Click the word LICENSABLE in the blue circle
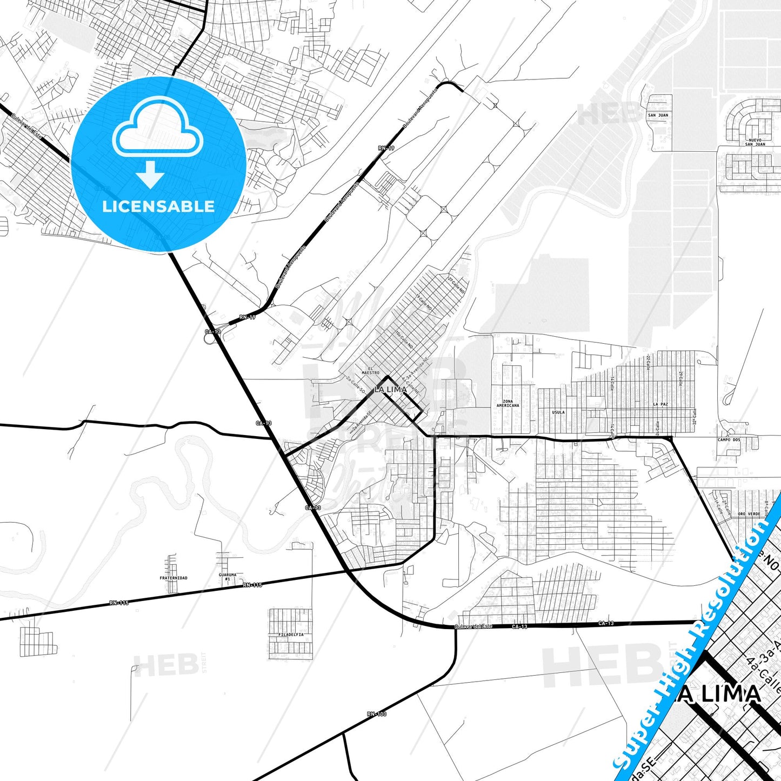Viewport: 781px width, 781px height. point(158,206)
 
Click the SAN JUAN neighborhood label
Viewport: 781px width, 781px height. point(658,115)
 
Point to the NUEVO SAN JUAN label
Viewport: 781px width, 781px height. point(755,142)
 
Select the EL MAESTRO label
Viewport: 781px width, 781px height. point(370,371)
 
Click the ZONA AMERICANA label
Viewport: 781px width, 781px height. point(508,403)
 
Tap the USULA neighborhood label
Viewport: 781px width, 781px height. point(558,412)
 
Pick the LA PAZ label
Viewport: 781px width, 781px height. point(660,404)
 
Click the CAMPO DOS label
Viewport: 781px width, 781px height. point(729,440)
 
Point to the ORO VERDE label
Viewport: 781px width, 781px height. point(749,514)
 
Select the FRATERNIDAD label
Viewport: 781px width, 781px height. point(173,578)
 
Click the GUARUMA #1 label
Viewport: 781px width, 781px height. point(228,577)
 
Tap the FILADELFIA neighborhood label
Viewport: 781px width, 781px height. point(291,635)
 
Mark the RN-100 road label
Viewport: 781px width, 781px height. point(377,714)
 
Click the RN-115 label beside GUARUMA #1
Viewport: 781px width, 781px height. point(252,585)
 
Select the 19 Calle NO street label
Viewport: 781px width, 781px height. point(424,302)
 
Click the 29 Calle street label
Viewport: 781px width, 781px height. point(680,379)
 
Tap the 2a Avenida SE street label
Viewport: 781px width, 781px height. point(362,422)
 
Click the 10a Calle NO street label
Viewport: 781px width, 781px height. point(404,339)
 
